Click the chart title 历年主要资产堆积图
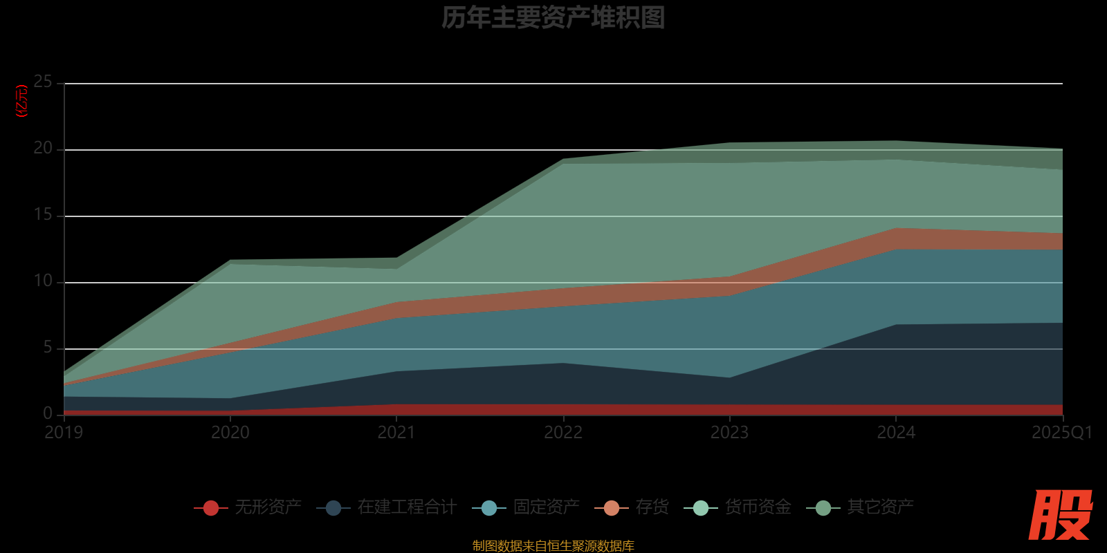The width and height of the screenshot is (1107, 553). (x=553, y=18)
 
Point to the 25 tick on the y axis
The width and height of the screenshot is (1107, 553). (x=43, y=82)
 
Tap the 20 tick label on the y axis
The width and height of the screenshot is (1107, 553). (x=43, y=149)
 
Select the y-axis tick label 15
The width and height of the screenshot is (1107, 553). (x=43, y=215)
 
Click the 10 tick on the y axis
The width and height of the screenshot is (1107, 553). (x=43, y=281)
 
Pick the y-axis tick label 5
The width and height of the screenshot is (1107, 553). (x=48, y=348)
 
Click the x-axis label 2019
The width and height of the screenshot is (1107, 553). (x=64, y=433)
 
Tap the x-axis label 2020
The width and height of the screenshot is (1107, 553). (x=230, y=433)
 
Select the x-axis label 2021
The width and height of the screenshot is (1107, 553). (x=396, y=433)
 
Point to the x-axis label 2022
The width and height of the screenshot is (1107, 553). (x=563, y=433)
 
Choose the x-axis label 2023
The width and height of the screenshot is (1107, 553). (x=730, y=433)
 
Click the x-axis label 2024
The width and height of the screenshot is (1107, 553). (x=896, y=433)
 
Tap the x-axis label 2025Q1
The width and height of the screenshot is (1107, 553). (x=1061, y=433)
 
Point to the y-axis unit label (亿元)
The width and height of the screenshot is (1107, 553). (x=22, y=101)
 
